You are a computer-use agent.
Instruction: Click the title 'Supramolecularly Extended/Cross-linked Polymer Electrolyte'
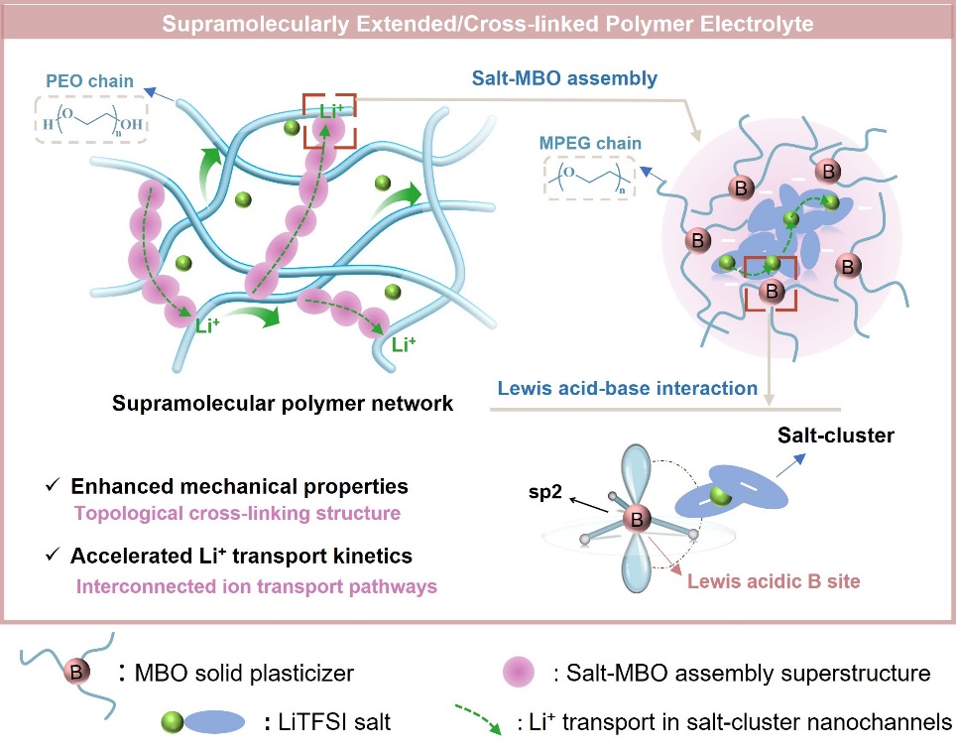click(478, 22)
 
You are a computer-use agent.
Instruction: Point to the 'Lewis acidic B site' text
click(771, 580)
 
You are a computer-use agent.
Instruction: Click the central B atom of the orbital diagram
click(636, 517)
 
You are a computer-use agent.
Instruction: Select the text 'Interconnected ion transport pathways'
click(256, 586)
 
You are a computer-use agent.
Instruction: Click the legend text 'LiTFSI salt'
click(330, 722)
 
